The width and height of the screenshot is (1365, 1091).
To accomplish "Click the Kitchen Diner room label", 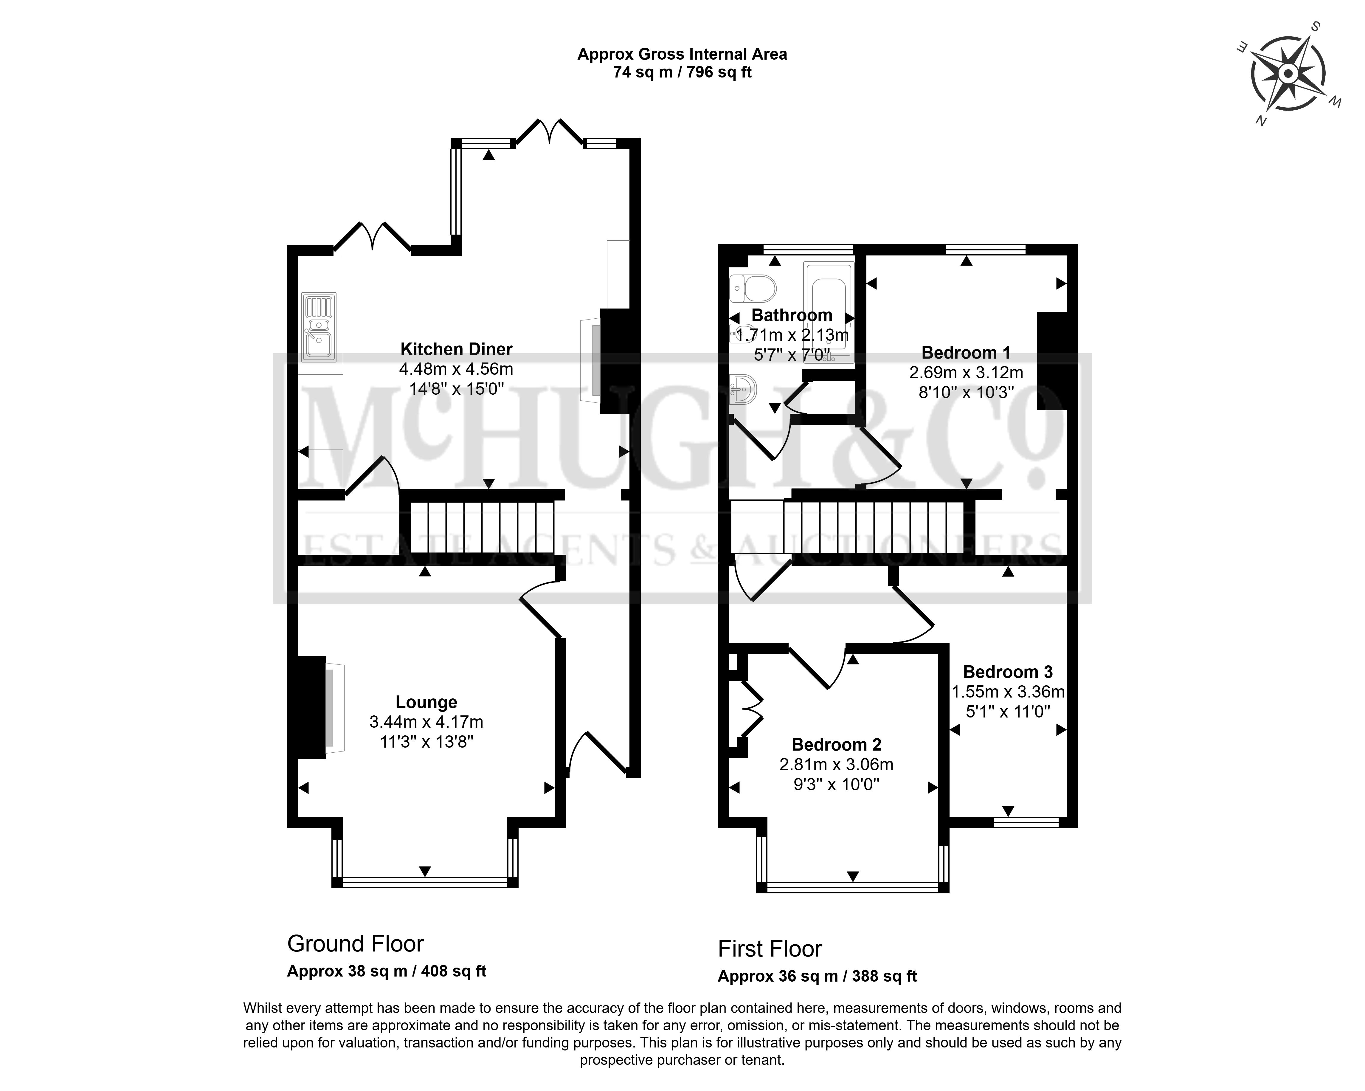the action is click(x=456, y=349).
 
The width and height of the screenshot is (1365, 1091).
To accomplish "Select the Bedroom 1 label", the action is click(x=966, y=353).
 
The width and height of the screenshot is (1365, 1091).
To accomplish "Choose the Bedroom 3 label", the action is click(x=1008, y=672).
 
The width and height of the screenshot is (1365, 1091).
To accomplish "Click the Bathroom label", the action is click(x=791, y=315).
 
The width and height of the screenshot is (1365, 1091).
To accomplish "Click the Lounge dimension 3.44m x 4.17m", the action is click(x=426, y=722).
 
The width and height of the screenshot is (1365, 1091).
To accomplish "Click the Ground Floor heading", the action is click(x=355, y=944).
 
